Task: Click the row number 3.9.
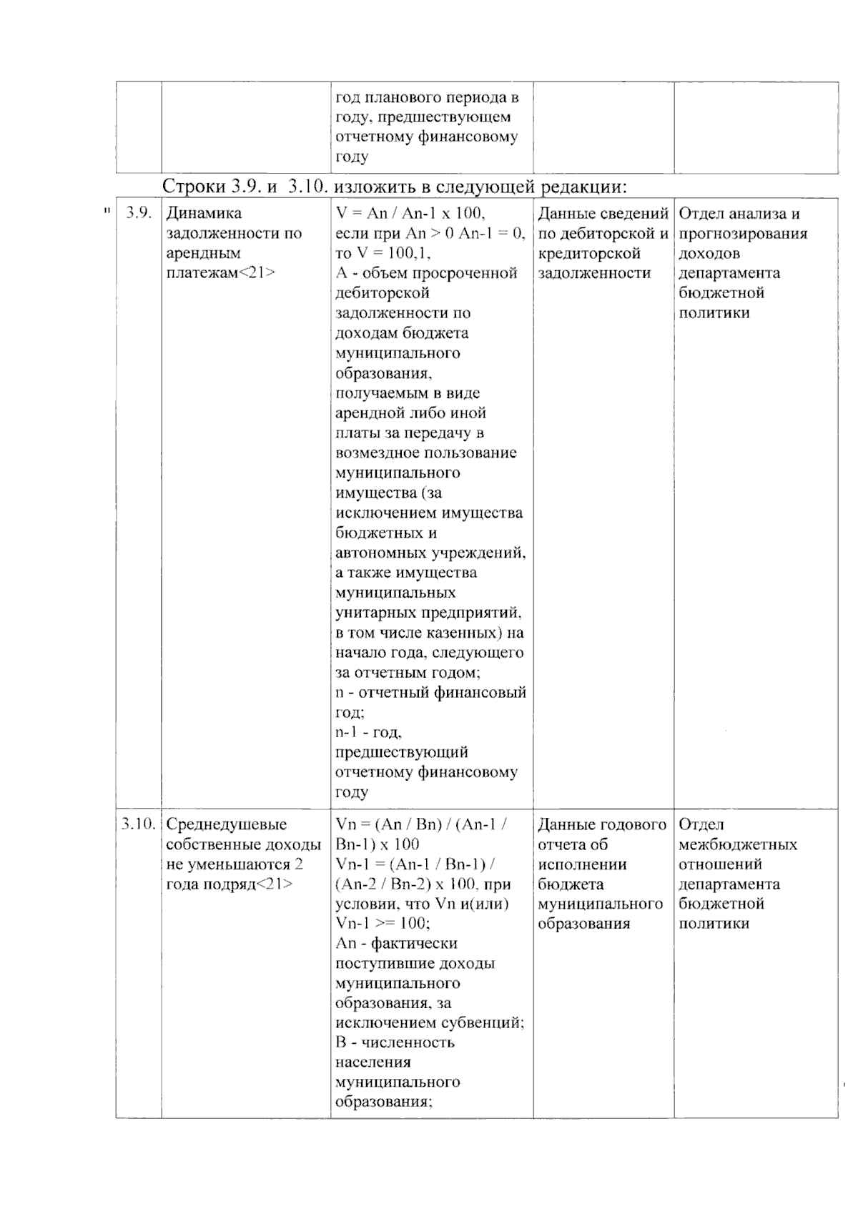tap(139, 213)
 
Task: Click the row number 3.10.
tap(138, 824)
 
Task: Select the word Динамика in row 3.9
tap(204, 213)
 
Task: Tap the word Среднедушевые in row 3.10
tap(226, 824)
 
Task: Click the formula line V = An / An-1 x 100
tap(410, 213)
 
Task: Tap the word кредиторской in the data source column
tap(588, 253)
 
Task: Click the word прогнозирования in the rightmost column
tap(743, 233)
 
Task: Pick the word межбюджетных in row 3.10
tap(737, 844)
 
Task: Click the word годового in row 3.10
tap(631, 824)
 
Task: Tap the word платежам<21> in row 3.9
tap(220, 273)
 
